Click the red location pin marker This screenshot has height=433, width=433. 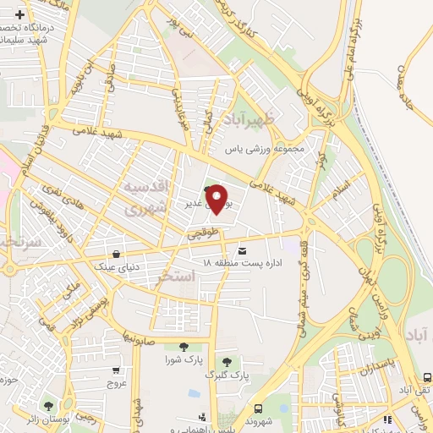(x=217, y=199)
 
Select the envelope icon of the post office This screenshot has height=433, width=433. (x=244, y=251)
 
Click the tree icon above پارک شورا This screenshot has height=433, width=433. (x=184, y=346)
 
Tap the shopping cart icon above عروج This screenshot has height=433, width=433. (x=116, y=370)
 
